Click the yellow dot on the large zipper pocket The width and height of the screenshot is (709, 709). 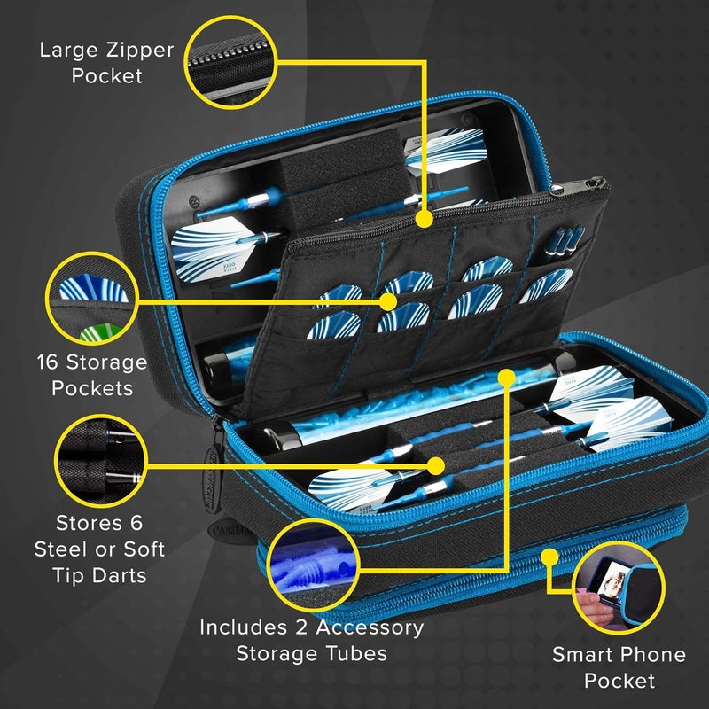click(424, 215)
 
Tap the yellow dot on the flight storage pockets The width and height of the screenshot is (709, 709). click(388, 301)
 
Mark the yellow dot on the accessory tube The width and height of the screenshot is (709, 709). click(507, 377)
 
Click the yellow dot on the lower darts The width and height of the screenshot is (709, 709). click(435, 464)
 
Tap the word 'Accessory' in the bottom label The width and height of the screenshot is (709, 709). click(362, 627)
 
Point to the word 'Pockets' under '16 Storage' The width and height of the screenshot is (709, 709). click(91, 387)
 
